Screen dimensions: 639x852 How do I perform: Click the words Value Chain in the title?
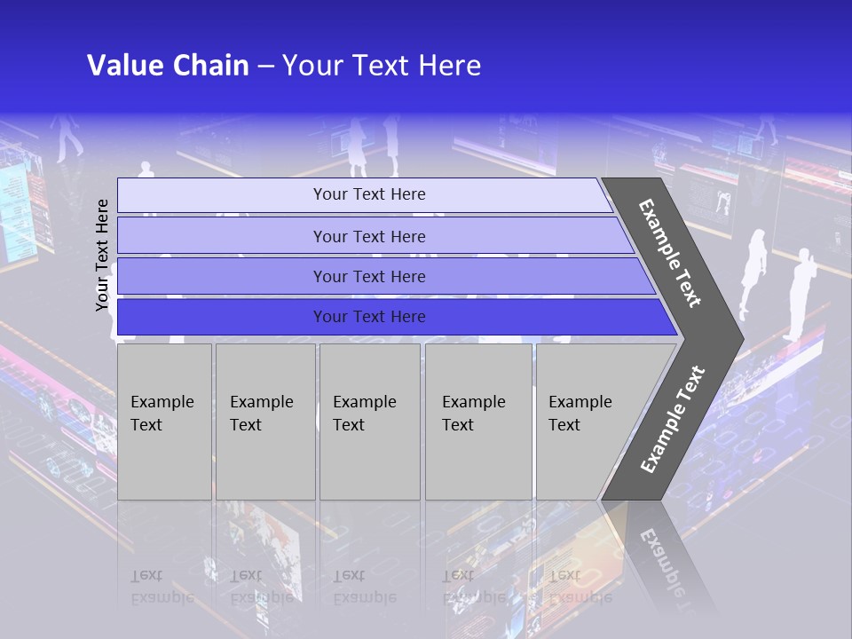coord(168,66)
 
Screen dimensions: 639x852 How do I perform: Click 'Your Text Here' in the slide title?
coord(382,66)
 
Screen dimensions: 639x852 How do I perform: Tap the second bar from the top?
coord(369,236)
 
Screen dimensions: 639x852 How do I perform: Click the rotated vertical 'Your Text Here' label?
coord(102,255)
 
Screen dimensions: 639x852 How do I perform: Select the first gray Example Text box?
coord(164,421)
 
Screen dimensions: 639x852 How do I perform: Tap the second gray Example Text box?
coord(264,421)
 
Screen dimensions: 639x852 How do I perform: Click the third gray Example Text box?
coord(369,421)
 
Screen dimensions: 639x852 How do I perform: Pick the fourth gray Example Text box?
coord(477,421)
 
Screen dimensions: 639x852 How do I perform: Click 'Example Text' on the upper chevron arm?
coord(670,253)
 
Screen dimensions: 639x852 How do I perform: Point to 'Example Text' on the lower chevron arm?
coord(673,419)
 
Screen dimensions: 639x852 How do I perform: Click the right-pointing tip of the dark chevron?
coord(738,337)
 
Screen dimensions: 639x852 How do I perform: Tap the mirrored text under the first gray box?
coord(162,586)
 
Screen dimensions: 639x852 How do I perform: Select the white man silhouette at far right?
coord(801,293)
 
